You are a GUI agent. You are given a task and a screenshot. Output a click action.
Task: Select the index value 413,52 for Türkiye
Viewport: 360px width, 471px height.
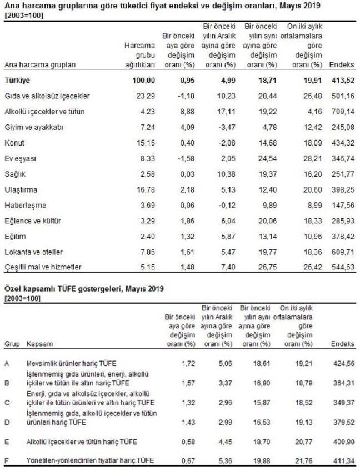coord(342,81)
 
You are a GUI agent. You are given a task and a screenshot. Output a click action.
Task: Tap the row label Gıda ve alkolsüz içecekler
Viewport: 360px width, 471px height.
coord(47,96)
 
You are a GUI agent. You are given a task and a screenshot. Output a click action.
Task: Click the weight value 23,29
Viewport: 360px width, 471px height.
coord(146,96)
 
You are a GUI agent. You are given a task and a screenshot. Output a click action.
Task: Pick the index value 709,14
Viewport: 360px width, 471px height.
coord(342,112)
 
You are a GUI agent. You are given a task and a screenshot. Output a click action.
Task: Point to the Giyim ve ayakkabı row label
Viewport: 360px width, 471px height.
coord(34,127)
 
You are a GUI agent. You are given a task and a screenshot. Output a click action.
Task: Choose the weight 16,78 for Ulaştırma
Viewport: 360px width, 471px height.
coord(146,189)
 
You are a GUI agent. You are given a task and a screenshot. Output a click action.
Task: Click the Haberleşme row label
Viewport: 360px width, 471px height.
coord(26,205)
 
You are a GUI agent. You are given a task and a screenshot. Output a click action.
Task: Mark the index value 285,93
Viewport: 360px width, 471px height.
coord(342,221)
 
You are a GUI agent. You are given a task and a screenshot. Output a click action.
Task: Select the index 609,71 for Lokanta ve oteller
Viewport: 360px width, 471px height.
coord(342,252)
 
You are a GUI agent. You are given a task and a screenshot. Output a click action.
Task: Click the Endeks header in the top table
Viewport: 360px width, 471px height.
coord(342,65)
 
